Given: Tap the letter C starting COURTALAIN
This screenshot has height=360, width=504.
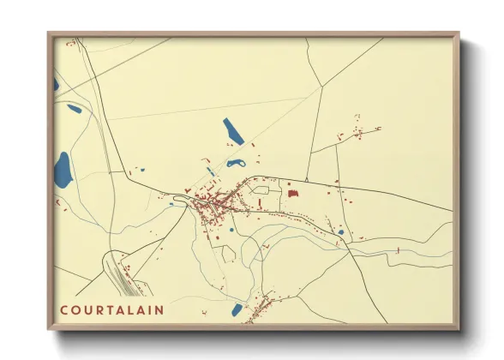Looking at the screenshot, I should [x=64, y=308].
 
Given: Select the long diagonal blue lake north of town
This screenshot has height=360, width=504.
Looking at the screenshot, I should [x=233, y=131].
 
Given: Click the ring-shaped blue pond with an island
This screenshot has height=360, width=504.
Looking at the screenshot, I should [x=236, y=163].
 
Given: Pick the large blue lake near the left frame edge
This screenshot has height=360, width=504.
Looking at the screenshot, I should [x=63, y=171].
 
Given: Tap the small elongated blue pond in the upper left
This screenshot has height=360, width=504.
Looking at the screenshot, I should [x=75, y=109].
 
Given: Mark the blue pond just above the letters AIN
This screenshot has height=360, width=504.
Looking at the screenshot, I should [x=237, y=309].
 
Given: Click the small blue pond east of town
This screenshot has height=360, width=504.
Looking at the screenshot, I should [x=340, y=231].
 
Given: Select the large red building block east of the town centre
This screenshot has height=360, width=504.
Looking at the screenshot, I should [x=293, y=194].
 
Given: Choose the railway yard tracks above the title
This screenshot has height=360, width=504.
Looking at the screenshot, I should [x=116, y=271].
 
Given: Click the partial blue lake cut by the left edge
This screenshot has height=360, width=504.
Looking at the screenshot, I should [x=56, y=84].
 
